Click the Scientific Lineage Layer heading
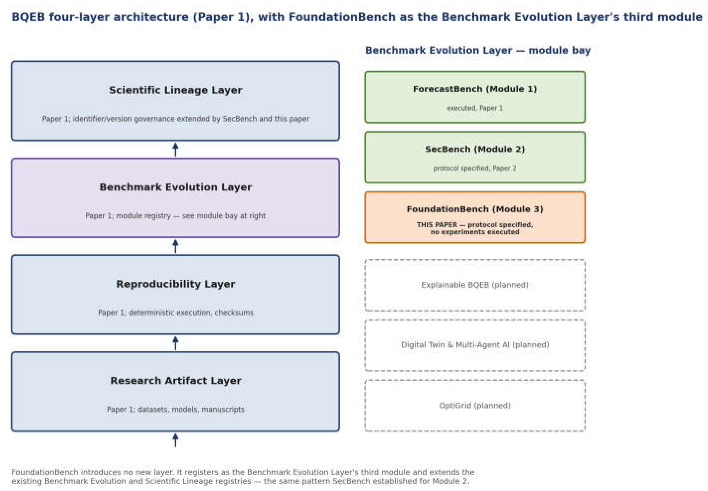175,90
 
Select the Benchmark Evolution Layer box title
175,187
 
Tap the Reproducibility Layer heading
175,284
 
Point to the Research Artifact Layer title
175,381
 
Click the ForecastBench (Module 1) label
475,89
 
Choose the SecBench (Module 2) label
475,149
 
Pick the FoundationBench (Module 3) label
475,209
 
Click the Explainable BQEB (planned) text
475,285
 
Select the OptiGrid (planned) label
475,405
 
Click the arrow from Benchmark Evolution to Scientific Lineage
176,149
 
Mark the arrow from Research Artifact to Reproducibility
176,343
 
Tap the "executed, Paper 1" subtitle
475,108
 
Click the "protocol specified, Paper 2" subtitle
475,168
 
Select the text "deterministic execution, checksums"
191,313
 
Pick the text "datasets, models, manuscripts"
191,409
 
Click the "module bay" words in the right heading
559,51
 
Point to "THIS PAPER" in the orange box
437,225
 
